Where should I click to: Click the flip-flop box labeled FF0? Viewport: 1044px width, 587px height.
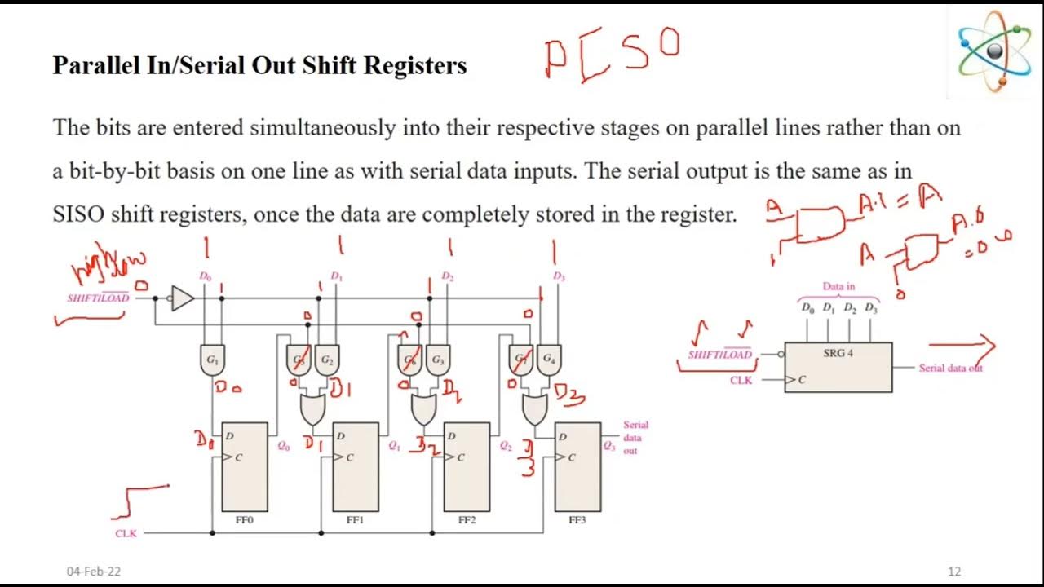[244, 466]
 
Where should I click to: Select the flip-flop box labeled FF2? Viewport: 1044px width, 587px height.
[467, 466]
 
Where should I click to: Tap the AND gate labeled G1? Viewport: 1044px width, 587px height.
[212, 360]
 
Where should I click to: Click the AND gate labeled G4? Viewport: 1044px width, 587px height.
[549, 360]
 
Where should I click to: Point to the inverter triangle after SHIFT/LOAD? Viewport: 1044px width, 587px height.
[182, 298]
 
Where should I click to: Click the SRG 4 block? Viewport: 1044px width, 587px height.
[838, 367]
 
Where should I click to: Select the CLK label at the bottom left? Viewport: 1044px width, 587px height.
[126, 533]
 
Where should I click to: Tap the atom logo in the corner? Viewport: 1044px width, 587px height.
[994, 52]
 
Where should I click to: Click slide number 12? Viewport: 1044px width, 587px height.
[954, 571]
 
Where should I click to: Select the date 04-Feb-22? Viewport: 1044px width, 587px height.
[94, 572]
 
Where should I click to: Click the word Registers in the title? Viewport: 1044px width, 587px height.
[415, 65]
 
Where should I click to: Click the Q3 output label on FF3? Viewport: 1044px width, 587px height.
[609, 446]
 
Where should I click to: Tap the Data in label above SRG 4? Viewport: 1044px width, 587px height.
[838, 287]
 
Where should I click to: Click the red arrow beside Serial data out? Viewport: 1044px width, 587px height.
[962, 346]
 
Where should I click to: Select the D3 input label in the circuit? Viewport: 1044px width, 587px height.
[559, 277]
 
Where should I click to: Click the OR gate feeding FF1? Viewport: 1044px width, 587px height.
[312, 410]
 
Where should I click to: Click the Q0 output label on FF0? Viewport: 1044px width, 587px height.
[283, 446]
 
